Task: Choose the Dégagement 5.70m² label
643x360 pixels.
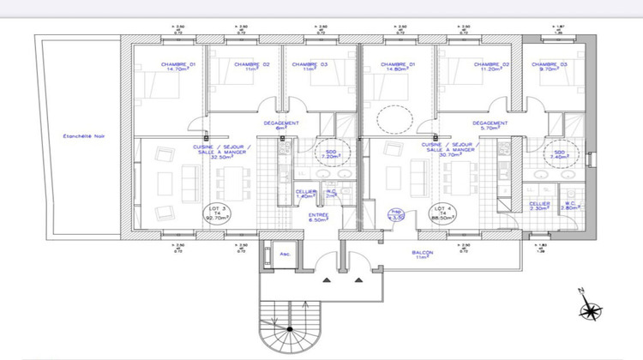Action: [x=490, y=126]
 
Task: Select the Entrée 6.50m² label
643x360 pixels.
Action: [x=319, y=217]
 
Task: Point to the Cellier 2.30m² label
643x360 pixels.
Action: [x=538, y=205]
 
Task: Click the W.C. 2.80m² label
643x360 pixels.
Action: [x=569, y=205]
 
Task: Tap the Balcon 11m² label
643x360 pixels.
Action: [x=421, y=255]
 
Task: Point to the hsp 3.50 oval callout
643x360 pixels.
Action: [x=396, y=214]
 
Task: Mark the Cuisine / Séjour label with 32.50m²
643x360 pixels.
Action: [x=222, y=152]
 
